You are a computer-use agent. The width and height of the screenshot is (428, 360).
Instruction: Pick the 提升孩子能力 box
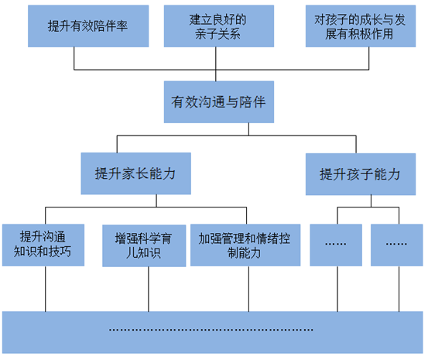(361, 174)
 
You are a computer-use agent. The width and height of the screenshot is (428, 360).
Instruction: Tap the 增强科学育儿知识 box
(144, 245)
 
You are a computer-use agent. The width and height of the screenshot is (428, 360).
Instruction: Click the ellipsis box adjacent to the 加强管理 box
(335, 244)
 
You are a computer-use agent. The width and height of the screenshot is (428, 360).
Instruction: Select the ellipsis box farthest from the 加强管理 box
(396, 244)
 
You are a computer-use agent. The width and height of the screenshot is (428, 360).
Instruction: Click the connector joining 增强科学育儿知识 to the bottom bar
(144, 288)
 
